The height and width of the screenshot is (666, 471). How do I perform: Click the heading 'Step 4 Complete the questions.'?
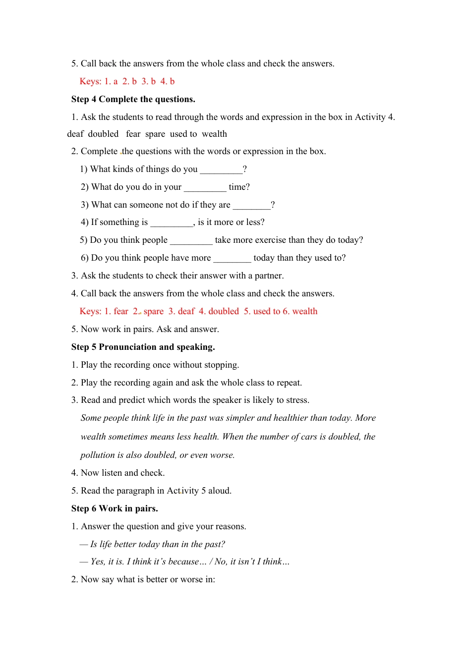point(133,99)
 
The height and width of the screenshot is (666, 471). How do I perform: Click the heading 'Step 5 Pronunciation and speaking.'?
point(143,347)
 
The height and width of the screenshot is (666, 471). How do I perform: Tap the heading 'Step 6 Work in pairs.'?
point(115,508)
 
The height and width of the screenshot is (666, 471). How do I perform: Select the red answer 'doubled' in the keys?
point(224,311)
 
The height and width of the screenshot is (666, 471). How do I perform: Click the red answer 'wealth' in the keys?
point(305,311)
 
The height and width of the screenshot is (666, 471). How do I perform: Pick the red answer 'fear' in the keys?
point(121,311)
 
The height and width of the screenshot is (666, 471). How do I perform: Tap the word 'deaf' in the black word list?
point(75,134)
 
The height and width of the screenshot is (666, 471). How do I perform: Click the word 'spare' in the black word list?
point(155,134)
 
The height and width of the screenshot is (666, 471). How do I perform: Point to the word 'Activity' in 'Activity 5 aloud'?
point(182,491)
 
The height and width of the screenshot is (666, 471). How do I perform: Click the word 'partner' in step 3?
point(268,276)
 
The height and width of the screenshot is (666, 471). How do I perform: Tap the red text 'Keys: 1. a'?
point(99,81)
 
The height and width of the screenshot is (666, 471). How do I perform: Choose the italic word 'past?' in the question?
point(214,544)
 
